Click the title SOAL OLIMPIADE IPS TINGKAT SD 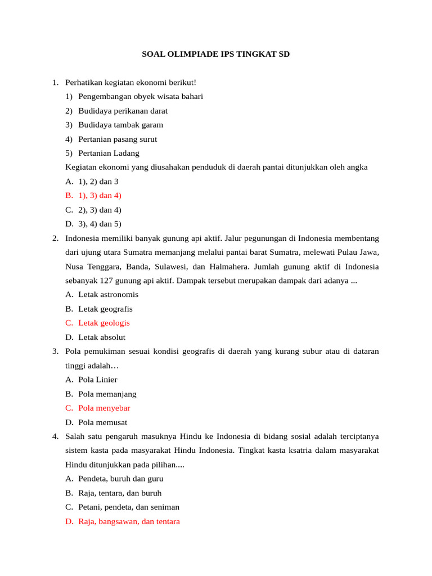click(x=215, y=55)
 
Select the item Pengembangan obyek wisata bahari click(x=141, y=96)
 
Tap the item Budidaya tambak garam click(x=120, y=125)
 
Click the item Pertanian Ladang click(x=109, y=153)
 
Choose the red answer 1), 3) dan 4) click(x=100, y=195)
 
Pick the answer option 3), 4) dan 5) click(x=100, y=223)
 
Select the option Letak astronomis click(x=108, y=294)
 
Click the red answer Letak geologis click(x=103, y=323)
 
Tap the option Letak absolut click(x=102, y=337)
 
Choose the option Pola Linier click(x=98, y=380)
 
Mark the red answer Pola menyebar click(x=104, y=408)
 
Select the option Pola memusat click(x=102, y=422)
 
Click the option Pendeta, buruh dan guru click(x=120, y=479)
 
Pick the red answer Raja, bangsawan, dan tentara click(x=129, y=521)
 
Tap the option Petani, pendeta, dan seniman click(x=129, y=507)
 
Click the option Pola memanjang click(x=107, y=394)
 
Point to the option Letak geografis click(x=105, y=309)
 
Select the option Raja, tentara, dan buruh click(x=120, y=493)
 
